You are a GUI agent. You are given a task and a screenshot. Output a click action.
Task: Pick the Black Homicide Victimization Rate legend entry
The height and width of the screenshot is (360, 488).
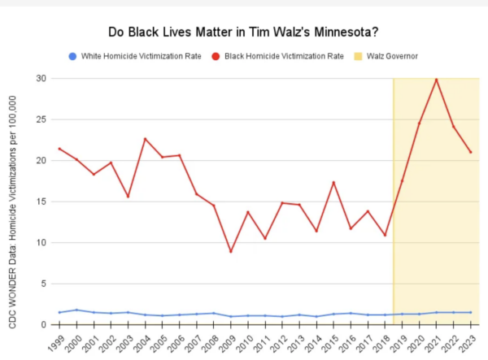[x=277, y=56]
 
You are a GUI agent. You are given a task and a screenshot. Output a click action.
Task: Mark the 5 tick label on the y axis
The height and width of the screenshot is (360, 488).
[x=42, y=284]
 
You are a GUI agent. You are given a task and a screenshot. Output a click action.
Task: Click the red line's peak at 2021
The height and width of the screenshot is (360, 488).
[x=436, y=80]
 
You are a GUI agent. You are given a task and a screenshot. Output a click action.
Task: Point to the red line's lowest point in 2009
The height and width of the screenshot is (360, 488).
[x=230, y=251]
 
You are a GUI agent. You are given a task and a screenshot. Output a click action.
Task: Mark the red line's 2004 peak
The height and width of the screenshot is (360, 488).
[x=145, y=139]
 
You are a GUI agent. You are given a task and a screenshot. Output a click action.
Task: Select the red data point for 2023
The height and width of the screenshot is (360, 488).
[x=471, y=152]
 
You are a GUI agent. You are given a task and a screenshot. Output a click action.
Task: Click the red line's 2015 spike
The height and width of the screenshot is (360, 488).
[x=333, y=182]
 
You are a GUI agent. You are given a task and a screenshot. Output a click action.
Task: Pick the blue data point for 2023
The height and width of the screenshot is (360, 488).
[x=471, y=312]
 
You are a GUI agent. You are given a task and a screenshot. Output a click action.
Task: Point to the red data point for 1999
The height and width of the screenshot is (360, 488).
[x=59, y=149]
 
